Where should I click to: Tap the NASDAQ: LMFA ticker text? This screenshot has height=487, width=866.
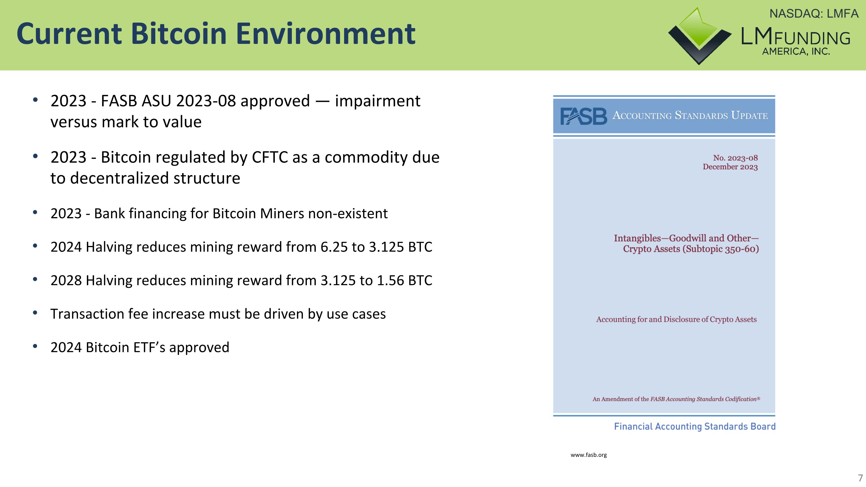pyautogui.click(x=813, y=14)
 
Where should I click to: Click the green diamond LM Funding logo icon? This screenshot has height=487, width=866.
pyautogui.click(x=699, y=35)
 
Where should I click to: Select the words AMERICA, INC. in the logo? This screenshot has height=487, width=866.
pyautogui.click(x=796, y=52)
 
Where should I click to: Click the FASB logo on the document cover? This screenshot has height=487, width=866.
pyautogui.click(x=583, y=116)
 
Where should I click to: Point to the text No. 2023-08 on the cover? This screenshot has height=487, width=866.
pyautogui.click(x=735, y=158)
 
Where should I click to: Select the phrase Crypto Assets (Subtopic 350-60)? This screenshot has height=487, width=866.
pyautogui.click(x=690, y=249)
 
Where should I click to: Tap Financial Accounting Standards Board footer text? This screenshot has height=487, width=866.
pyautogui.click(x=695, y=426)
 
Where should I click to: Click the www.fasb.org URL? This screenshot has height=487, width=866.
pyautogui.click(x=588, y=455)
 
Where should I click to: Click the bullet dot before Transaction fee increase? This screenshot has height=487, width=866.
pyautogui.click(x=35, y=313)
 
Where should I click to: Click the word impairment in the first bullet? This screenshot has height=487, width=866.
pyautogui.click(x=377, y=101)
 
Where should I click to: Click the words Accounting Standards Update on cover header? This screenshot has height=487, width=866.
pyautogui.click(x=690, y=116)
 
